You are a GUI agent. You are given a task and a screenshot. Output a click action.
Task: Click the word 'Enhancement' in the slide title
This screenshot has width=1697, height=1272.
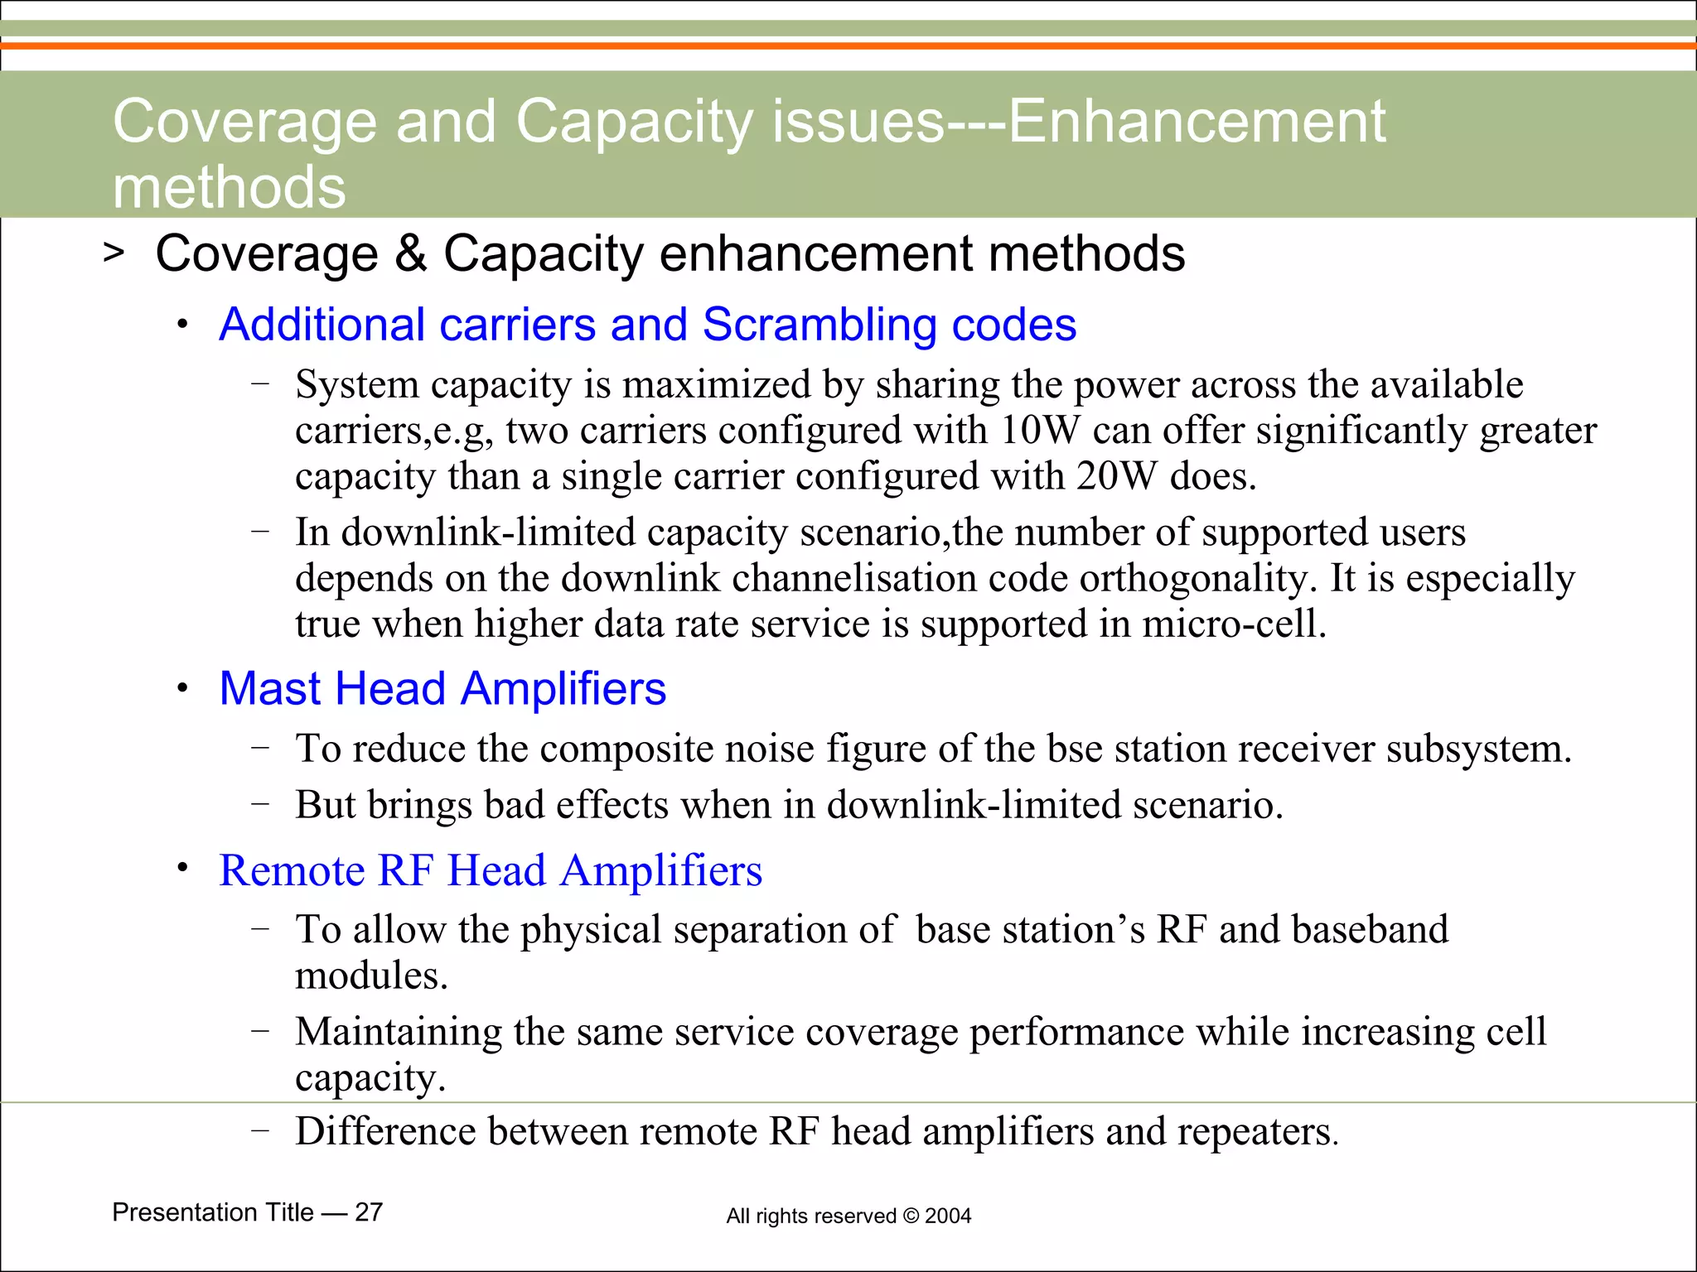[1197, 122]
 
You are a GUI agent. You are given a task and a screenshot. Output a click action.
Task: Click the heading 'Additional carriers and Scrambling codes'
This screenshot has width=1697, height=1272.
[647, 324]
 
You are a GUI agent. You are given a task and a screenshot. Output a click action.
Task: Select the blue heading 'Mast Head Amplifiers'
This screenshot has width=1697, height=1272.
[442, 688]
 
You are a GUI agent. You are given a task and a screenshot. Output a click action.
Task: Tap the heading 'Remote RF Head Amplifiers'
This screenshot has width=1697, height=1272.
[491, 870]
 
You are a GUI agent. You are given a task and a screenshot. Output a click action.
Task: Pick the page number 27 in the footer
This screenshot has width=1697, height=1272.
[369, 1212]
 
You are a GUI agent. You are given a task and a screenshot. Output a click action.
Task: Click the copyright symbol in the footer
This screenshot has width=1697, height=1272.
[911, 1217]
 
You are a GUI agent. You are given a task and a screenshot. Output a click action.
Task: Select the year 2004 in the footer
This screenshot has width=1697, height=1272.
[948, 1217]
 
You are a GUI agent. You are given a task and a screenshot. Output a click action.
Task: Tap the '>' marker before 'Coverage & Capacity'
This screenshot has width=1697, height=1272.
[114, 253]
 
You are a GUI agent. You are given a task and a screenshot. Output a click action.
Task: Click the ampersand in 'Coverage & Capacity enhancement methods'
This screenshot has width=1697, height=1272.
[410, 253]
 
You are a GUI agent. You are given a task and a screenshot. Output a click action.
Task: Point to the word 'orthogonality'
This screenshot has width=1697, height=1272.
[1197, 578]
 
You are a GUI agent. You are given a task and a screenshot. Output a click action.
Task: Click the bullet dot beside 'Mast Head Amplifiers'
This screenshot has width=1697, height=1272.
[182, 689]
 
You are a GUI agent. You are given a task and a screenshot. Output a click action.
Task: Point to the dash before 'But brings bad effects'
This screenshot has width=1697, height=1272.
[260, 804]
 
